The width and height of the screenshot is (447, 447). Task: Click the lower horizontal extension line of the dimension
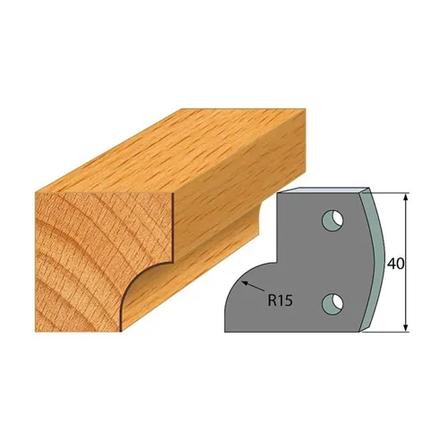click(389, 333)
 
